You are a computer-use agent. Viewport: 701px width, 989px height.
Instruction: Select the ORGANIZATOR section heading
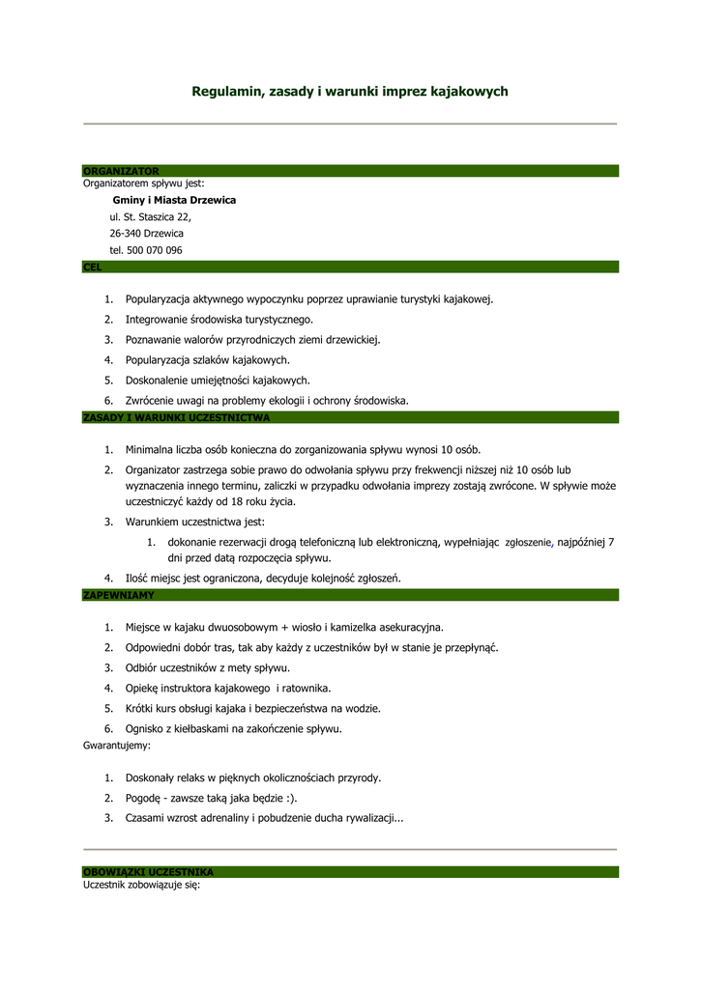[121, 171]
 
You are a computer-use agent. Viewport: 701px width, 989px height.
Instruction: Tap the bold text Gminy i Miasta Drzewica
[174, 200]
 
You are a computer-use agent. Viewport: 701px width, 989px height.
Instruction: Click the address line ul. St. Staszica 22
[150, 217]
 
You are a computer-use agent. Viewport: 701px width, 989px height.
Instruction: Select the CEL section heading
[92, 266]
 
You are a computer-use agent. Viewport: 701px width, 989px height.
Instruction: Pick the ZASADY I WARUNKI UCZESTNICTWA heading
[176, 418]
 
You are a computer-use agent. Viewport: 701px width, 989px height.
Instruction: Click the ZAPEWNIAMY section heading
[118, 596]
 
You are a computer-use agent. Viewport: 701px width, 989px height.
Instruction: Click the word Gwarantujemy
[117, 747]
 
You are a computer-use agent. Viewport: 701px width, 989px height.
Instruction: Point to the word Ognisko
[145, 728]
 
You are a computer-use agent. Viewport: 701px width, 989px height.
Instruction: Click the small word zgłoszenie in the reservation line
[527, 544]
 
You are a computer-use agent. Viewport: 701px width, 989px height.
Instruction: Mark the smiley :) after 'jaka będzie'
[289, 799]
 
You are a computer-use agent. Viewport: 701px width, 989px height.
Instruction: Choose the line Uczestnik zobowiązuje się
[141, 886]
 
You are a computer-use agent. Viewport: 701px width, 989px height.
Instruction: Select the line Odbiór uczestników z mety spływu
[207, 667]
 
